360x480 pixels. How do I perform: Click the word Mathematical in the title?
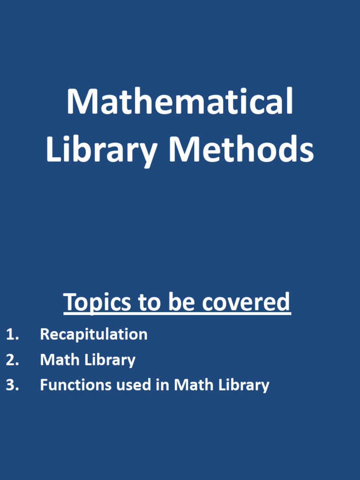(180, 101)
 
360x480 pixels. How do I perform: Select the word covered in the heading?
(247, 302)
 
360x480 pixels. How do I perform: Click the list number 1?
(12, 334)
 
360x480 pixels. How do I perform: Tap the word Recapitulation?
(94, 334)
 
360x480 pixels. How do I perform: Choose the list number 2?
(12, 360)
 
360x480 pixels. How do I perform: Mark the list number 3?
(12, 385)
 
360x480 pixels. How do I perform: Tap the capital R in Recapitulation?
(45, 334)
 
